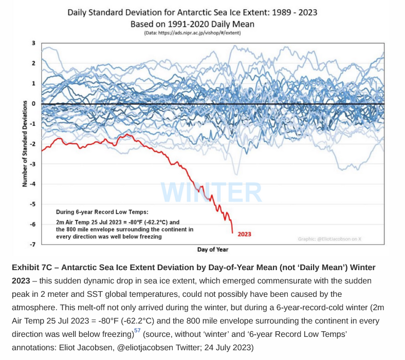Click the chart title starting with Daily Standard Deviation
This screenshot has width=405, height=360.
[192, 12]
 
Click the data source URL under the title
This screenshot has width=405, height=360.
[192, 33]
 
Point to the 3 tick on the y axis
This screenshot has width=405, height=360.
[33, 43]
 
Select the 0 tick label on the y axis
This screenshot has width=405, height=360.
[33, 104]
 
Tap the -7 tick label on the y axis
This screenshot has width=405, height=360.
[32, 244]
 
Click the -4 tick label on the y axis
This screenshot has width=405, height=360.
[32, 184]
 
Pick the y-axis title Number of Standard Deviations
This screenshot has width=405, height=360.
[25, 143]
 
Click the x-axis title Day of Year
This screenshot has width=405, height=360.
[213, 250]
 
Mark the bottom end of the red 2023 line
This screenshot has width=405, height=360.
[232, 233]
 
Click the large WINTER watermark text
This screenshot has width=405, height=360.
[211, 193]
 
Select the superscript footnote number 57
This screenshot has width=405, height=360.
[137, 331]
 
